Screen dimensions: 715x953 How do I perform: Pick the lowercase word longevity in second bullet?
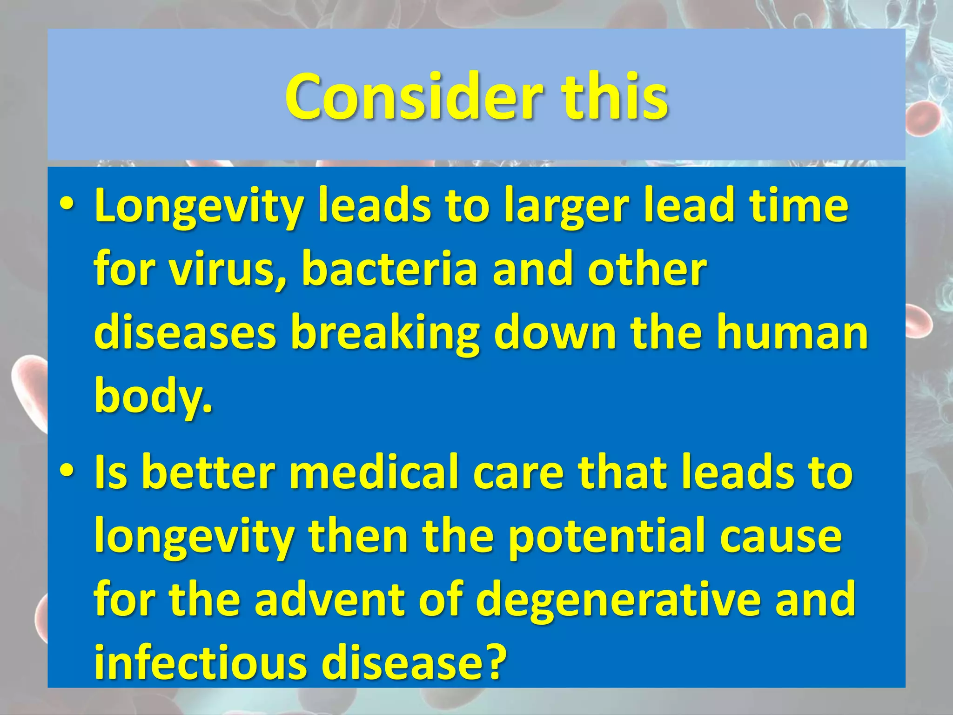[x=194, y=538]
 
